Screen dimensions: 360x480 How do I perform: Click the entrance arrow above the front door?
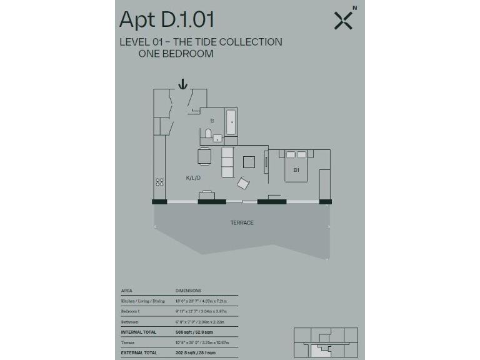[182, 84]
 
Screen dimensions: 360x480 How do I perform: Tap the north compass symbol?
[344, 20]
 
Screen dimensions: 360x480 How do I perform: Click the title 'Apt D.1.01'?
[166, 20]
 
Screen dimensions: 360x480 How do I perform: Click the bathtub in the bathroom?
[231, 122]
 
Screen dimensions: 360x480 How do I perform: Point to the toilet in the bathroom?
[207, 133]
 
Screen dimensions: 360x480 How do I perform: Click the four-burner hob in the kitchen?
[159, 182]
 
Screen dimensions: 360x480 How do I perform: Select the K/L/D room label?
[193, 178]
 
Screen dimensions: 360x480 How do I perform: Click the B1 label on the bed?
[296, 169]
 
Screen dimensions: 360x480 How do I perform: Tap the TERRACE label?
[242, 223]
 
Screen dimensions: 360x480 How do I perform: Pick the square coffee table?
[249, 162]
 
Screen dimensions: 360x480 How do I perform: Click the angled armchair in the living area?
[243, 184]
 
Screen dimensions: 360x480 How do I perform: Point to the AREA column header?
[126, 291]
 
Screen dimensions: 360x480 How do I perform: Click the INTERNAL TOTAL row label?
[139, 332]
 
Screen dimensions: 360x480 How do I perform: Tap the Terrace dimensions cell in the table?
[202, 343]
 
